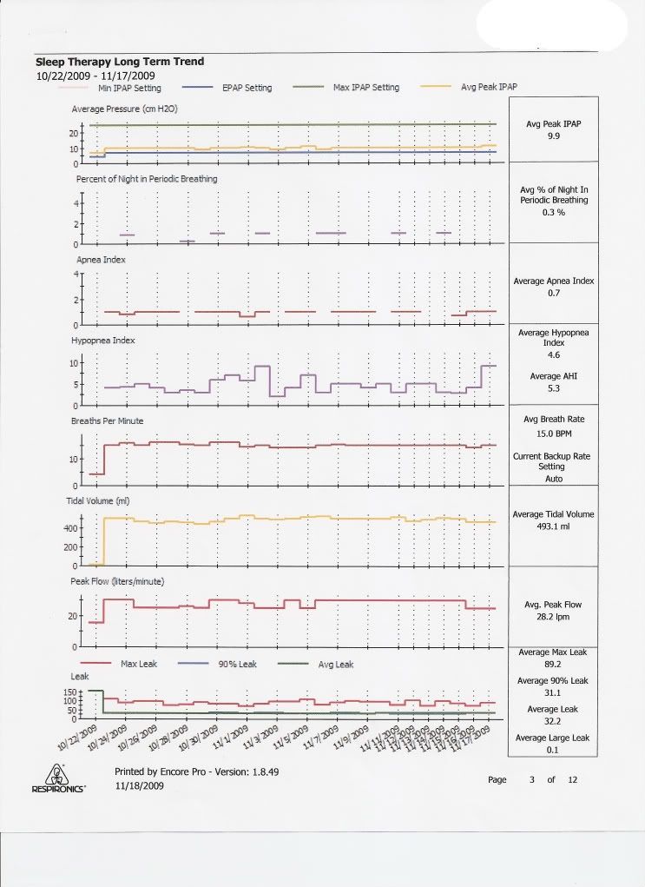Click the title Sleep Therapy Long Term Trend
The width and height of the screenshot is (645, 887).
120,62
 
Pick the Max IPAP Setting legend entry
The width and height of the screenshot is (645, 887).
366,88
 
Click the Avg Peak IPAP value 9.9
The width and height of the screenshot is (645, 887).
553,137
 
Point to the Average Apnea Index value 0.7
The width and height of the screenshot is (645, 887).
553,295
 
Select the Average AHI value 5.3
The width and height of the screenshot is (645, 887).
553,389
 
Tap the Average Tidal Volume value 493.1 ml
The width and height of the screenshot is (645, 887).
553,526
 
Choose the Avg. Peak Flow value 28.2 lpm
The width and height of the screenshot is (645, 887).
553,617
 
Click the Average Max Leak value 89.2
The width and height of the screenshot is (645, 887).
553,664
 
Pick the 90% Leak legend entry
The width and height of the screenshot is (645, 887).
238,665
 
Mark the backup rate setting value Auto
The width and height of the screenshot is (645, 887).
553,479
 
